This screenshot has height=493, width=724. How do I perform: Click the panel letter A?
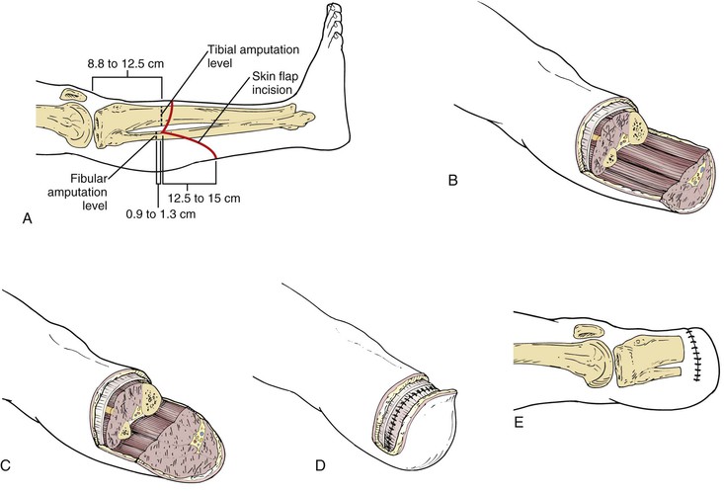point(27,223)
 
